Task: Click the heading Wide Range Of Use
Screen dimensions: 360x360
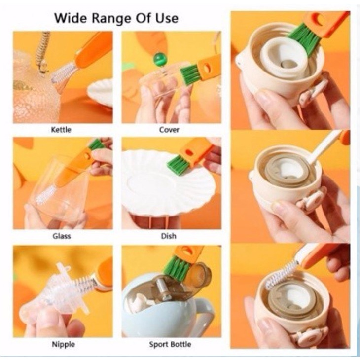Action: [116, 18]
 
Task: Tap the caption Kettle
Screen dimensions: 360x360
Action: [61, 130]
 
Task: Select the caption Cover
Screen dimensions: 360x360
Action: [169, 130]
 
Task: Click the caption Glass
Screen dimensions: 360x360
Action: [62, 236]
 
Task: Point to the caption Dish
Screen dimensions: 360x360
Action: [169, 236]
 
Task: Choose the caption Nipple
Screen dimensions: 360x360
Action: [63, 344]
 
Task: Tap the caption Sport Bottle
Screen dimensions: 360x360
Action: [170, 344]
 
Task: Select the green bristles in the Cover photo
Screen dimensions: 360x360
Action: [189, 74]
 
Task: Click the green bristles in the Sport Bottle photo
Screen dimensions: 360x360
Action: [177, 265]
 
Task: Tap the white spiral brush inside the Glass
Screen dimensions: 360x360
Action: [45, 195]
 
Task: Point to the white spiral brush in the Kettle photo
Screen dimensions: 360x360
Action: [63, 72]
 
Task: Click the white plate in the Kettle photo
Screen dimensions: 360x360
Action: [100, 92]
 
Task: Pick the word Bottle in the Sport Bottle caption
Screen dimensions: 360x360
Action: [180, 344]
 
